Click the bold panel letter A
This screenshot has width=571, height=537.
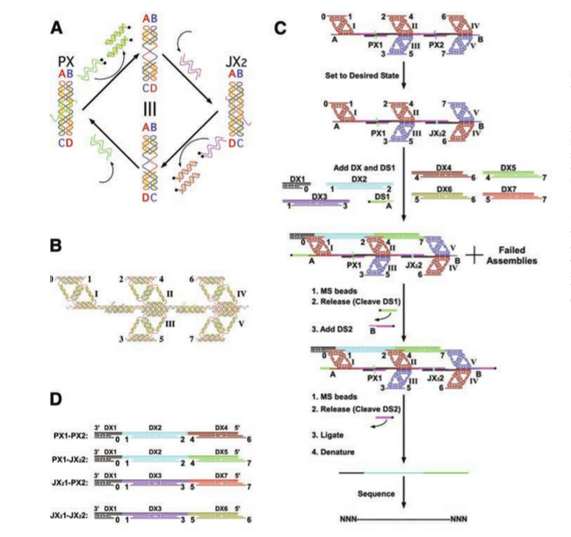(59, 25)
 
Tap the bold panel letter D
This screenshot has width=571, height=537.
(58, 398)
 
